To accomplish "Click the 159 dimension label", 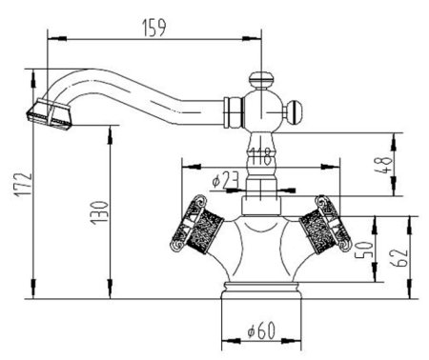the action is pyautogui.click(x=153, y=29).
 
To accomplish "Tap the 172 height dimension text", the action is pyautogui.click(x=24, y=185).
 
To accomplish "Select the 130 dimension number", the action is pyautogui.click(x=99, y=212).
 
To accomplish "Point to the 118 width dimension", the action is pyautogui.click(x=261, y=156).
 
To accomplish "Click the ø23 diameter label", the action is pyautogui.click(x=225, y=180).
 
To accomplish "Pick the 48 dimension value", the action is pyautogui.click(x=383, y=165).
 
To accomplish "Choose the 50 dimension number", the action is pyautogui.click(x=363, y=250).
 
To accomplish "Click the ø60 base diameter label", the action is pyautogui.click(x=261, y=330).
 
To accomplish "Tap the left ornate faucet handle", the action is pyautogui.click(x=197, y=224).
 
